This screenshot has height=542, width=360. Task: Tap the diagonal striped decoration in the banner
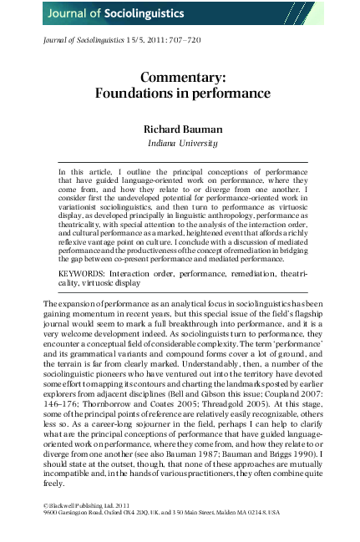pyautogui.click(x=304, y=13)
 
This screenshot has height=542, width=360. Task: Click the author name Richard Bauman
pyautogui.click(x=180, y=130)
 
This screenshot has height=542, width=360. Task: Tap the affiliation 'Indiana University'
pyautogui.click(x=180, y=144)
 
